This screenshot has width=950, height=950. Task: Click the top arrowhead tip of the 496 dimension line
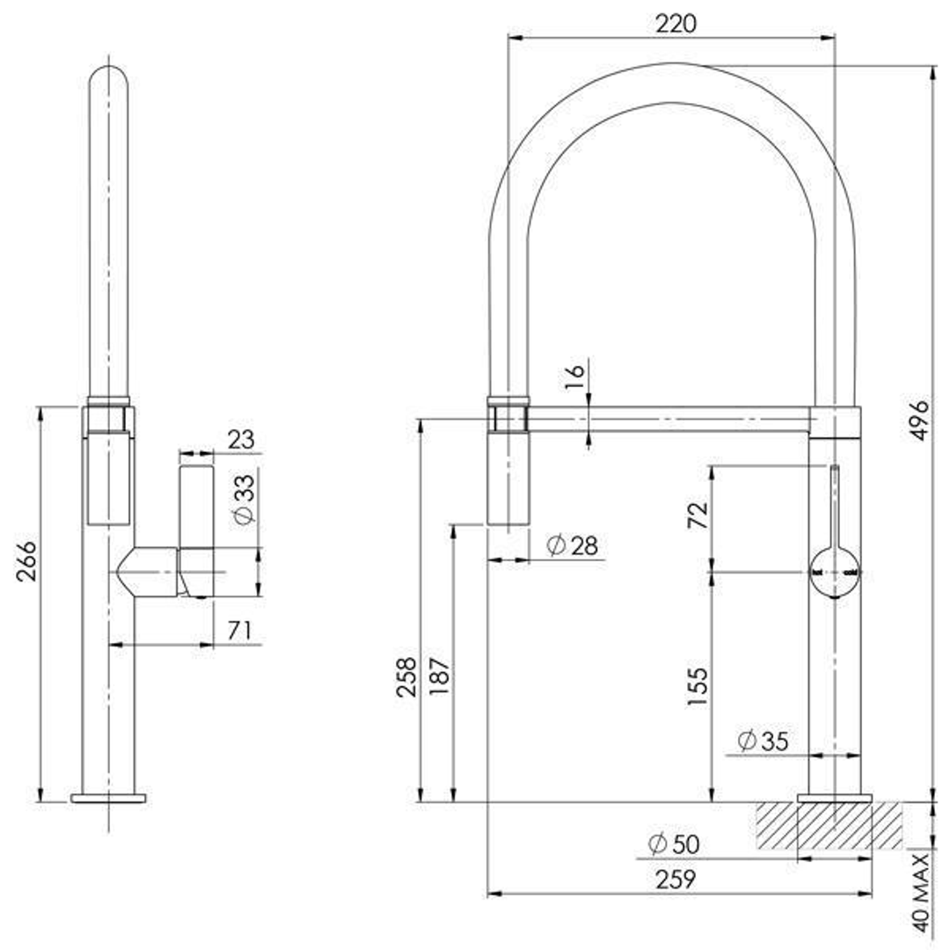click(x=932, y=65)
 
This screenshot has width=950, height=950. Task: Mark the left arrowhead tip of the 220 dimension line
click(x=508, y=38)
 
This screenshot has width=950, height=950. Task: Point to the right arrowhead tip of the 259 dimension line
click(x=873, y=894)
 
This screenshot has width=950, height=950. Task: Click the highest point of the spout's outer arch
click(x=673, y=63)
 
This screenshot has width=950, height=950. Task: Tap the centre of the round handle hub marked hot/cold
click(x=835, y=573)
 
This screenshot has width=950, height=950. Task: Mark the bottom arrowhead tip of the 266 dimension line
click(x=40, y=802)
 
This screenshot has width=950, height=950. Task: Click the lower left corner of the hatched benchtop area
click(x=756, y=848)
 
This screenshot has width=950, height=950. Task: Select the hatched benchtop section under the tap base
click(x=829, y=825)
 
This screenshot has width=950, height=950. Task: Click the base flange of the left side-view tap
click(x=108, y=798)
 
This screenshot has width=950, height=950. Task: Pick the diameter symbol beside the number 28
click(x=556, y=544)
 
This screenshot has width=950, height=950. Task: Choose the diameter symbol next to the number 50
click(x=657, y=844)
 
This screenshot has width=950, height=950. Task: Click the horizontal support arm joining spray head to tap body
click(x=669, y=420)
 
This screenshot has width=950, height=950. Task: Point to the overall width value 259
click(x=676, y=879)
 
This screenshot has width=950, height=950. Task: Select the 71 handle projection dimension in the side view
click(x=240, y=630)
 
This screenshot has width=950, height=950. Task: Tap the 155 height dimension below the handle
click(x=698, y=685)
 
